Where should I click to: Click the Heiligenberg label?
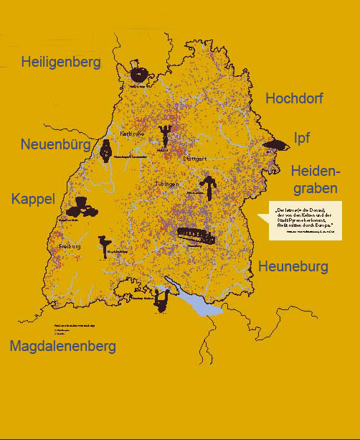pos(61,62)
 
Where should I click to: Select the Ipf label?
pos(301,138)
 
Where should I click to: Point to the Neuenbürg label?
pos(56,145)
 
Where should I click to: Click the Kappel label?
pos(33,199)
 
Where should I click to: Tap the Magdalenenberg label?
pos(62,347)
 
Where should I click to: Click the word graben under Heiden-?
pos(315,188)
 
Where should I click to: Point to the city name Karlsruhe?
pos(133,134)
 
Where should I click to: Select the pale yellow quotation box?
pos(305,219)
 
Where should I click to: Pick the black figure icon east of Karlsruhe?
pos(166,134)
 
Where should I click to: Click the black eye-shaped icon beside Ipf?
pos(275,146)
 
